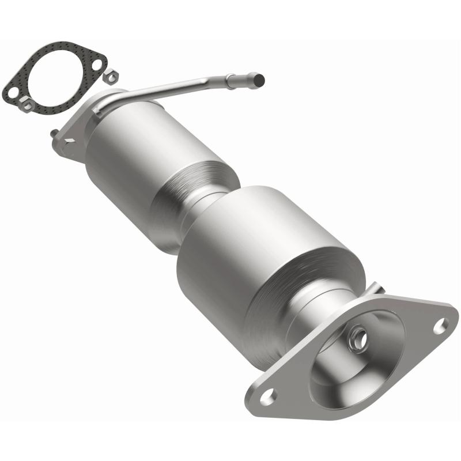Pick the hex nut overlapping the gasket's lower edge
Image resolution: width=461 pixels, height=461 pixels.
[27, 104]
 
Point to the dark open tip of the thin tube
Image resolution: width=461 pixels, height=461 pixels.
[260, 78]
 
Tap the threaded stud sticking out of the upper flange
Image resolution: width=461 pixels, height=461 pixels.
[54, 133]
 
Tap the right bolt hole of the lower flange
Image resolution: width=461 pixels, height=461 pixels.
[440, 326]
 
